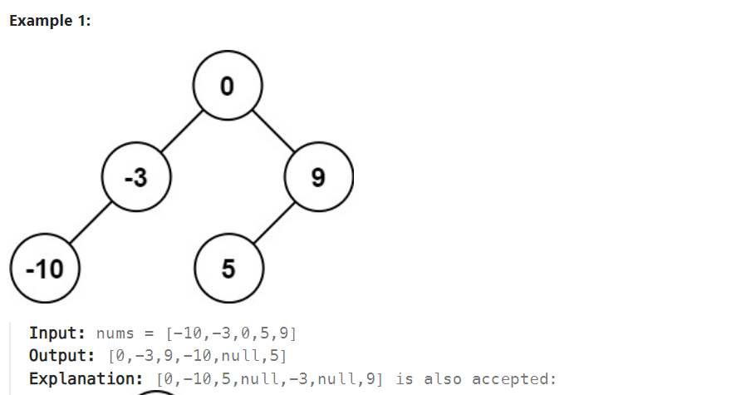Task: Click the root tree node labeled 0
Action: coord(228,86)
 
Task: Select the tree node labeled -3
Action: coord(136,177)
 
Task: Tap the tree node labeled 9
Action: coord(319,177)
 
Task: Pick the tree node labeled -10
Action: coord(45,269)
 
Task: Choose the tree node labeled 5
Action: coord(229,269)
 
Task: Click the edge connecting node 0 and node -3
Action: coord(182,131)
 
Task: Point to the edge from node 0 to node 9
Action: coord(273,131)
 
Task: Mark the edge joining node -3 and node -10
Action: coord(91,223)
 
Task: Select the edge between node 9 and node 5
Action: coord(274,223)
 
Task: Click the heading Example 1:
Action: coord(50,21)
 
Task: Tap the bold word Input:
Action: coord(57,333)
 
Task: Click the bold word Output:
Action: coord(62,355)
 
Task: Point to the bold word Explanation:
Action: coord(86,378)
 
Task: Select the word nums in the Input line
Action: coord(115,333)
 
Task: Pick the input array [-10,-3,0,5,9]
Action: coord(231,333)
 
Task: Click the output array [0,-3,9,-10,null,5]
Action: coord(198,356)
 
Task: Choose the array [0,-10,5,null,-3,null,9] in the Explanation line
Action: coord(269,378)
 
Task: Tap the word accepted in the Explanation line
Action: coord(513,379)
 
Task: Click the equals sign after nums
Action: coord(150,333)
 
